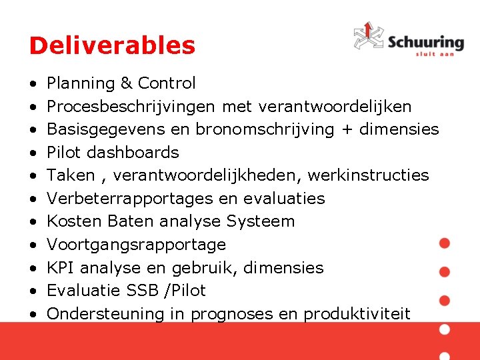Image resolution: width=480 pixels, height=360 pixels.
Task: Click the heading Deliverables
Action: click(x=112, y=46)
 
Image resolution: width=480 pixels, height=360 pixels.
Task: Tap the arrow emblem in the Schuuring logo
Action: click(x=368, y=36)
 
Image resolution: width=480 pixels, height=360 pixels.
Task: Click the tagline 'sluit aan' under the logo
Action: click(x=435, y=54)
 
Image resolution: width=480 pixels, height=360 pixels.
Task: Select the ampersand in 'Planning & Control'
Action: click(x=126, y=83)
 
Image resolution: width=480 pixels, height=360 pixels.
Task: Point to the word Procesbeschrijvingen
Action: click(x=131, y=107)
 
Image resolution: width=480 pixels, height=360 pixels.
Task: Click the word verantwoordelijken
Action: click(x=335, y=107)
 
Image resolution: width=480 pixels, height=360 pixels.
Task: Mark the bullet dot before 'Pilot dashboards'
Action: click(x=33, y=153)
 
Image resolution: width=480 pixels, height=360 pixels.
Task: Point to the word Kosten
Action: click(x=71, y=221)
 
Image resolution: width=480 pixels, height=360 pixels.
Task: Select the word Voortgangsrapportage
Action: click(x=136, y=245)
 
